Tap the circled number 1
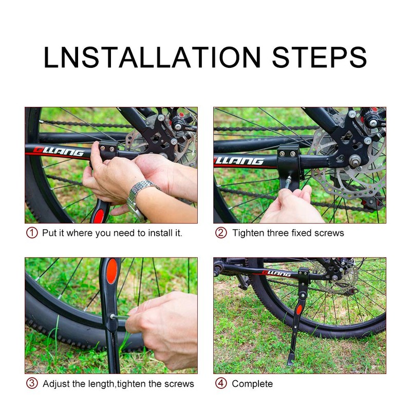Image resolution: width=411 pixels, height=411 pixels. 32,233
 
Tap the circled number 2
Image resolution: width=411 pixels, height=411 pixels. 220,233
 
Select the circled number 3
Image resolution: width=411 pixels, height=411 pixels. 32,384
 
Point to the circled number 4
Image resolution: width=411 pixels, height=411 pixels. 220,384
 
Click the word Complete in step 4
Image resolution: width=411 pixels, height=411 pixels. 252,384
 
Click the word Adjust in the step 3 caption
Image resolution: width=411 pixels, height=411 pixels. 56,384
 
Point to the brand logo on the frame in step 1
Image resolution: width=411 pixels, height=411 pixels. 58,153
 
